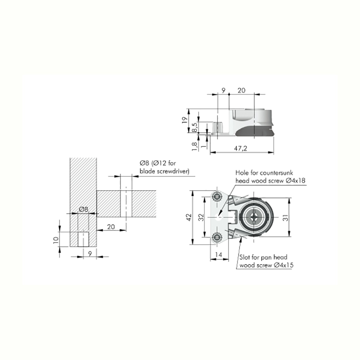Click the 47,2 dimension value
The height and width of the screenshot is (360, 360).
click(240, 148)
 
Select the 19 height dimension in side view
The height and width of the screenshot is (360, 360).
click(184, 120)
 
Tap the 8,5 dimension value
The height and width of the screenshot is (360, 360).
click(194, 127)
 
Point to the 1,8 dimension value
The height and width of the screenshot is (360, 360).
click(194, 146)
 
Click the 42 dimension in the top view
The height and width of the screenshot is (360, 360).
click(189, 217)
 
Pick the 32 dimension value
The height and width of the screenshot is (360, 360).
click(201, 217)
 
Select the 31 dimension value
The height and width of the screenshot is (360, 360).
click(285, 217)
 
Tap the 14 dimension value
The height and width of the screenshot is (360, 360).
click(219, 254)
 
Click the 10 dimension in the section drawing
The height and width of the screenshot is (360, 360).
click(56, 240)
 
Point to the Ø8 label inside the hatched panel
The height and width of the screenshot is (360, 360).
click(83, 209)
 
